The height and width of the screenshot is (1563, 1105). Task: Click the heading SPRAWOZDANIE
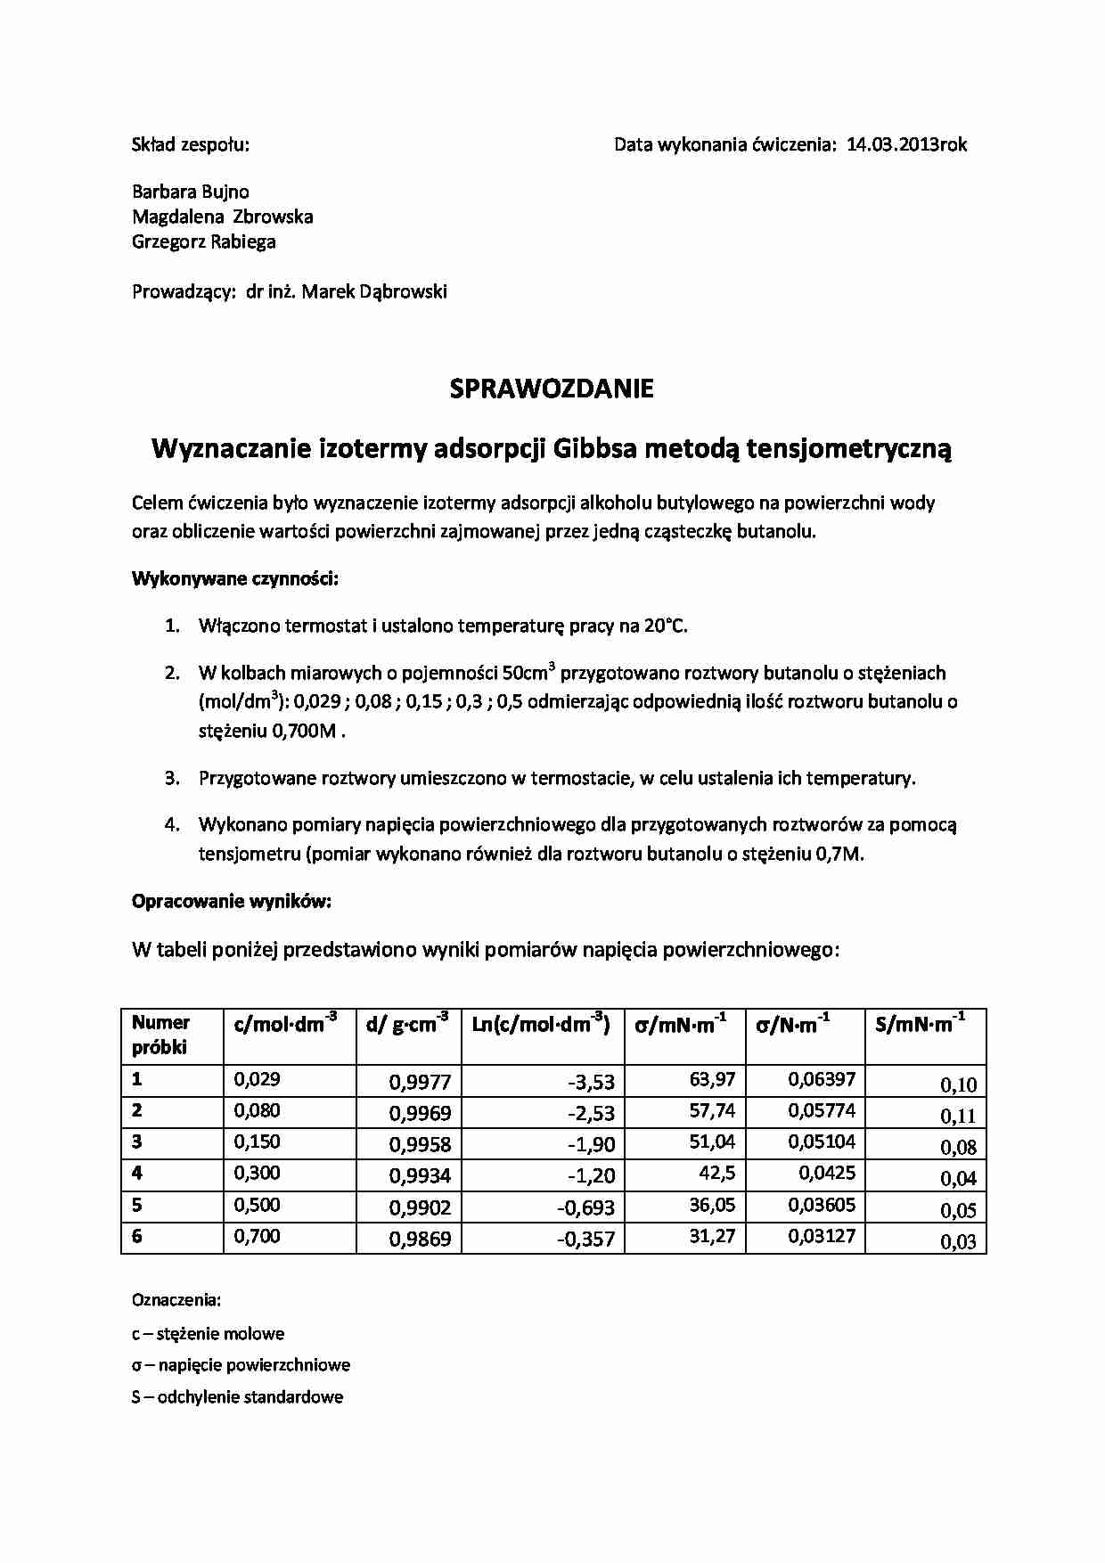[x=552, y=389]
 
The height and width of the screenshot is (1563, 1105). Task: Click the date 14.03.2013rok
[x=906, y=144]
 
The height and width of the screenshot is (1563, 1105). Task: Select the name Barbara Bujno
[x=191, y=192]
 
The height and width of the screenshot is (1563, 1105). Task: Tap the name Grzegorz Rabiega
[x=204, y=241]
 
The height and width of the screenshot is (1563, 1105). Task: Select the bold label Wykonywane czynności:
[x=235, y=578]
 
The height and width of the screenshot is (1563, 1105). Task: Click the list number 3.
[x=172, y=778]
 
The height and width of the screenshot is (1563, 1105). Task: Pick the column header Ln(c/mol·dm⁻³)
[x=540, y=1026]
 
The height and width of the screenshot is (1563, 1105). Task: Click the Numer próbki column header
[x=161, y=1035]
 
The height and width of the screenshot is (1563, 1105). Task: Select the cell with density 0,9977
[x=421, y=1083]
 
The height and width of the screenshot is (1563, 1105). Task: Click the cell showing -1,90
[x=592, y=1145]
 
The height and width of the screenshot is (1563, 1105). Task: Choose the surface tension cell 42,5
[x=716, y=1173]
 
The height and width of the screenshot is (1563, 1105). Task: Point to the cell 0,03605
[x=822, y=1205]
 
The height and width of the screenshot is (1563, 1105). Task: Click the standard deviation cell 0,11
[x=958, y=1116]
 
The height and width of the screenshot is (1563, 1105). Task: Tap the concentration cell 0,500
[x=258, y=1205]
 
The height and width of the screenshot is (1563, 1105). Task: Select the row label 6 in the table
[x=137, y=1236]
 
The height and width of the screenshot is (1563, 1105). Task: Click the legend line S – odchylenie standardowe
[x=237, y=1396]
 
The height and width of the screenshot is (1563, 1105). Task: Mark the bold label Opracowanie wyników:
[x=232, y=901]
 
